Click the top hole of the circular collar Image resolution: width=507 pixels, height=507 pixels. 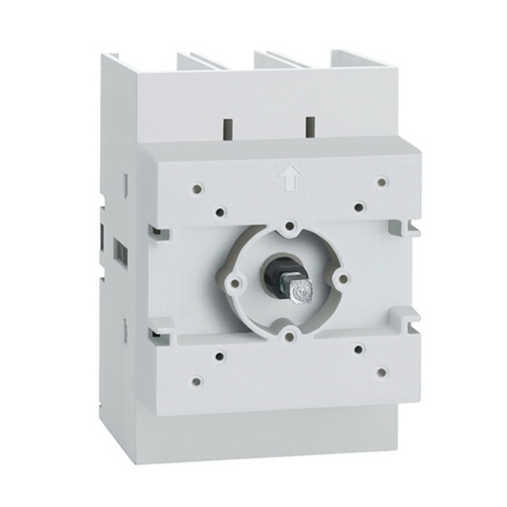pos(287,227)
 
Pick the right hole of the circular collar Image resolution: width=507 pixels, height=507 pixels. pos(341,279)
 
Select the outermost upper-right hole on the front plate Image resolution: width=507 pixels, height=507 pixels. pos(382,181)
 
